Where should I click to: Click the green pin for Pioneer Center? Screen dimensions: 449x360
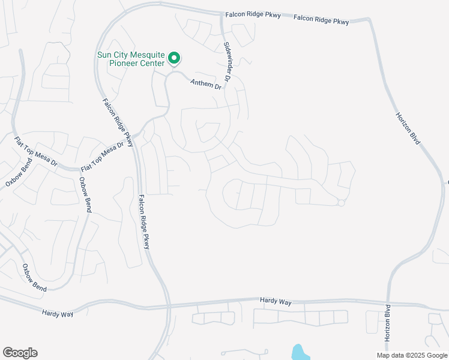coord(174,58)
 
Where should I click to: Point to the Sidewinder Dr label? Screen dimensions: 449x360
coord(228,62)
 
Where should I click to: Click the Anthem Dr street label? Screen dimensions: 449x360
coord(206,85)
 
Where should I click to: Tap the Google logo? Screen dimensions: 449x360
coord(20,353)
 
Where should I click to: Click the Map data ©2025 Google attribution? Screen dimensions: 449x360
coord(412,355)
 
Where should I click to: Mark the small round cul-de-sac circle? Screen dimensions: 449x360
coord(341,203)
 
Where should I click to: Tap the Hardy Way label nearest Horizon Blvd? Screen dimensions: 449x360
coord(276,301)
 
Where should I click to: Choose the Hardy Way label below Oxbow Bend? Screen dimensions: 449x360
coord(58,313)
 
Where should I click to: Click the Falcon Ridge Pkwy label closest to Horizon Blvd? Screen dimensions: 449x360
coord(321,21)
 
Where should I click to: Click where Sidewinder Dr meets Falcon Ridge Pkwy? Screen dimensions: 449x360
coord(221,15)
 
